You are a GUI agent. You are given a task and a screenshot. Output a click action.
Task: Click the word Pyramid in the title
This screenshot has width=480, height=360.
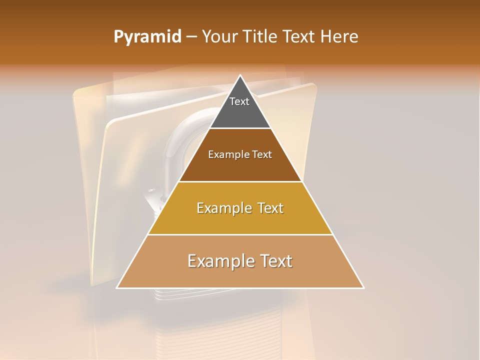147,37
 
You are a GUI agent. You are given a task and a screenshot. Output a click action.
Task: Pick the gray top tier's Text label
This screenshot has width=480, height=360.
239,102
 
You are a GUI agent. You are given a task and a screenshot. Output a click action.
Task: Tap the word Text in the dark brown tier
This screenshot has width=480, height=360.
262,155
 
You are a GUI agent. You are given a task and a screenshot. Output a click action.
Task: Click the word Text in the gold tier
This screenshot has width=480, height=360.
269,208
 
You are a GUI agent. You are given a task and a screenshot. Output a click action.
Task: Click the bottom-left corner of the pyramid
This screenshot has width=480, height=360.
117,287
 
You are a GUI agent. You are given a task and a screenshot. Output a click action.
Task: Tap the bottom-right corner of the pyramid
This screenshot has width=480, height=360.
363,287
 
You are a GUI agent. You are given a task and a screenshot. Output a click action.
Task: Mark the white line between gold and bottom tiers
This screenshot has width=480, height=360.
240,234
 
